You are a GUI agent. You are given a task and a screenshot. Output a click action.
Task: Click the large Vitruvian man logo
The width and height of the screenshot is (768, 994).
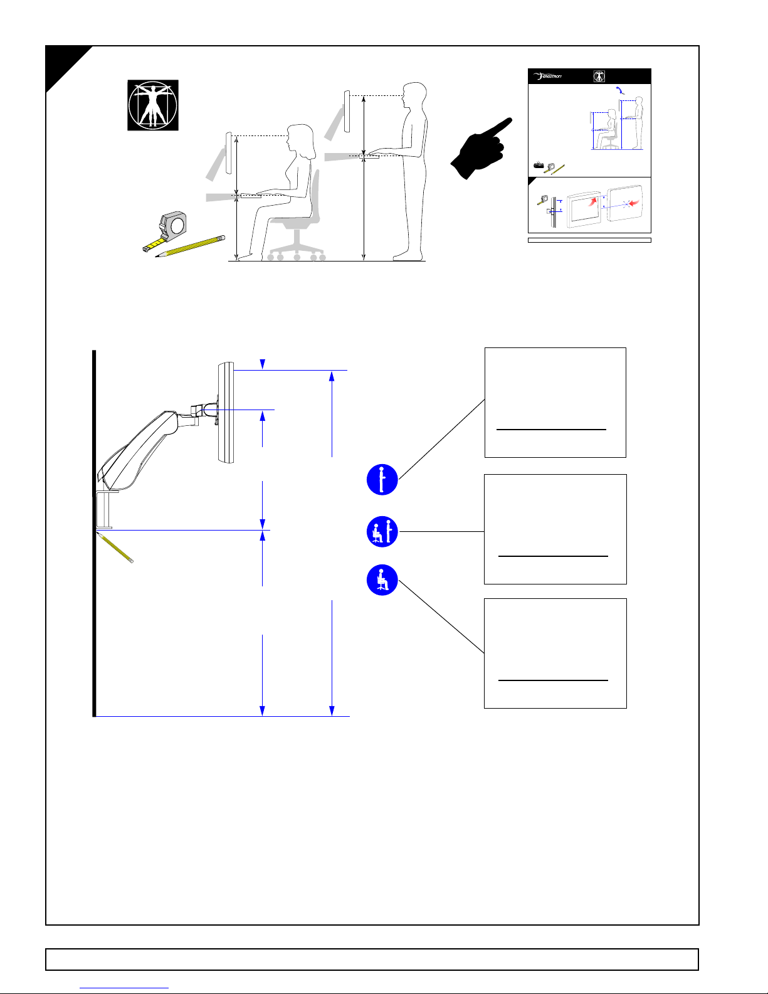click(x=153, y=105)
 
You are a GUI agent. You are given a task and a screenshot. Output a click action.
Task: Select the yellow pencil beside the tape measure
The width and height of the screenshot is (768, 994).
click(x=190, y=246)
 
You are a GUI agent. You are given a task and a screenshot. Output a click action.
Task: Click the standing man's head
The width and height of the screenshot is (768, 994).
click(x=414, y=97)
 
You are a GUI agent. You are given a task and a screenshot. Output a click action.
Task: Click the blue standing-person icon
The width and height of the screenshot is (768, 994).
click(x=382, y=480)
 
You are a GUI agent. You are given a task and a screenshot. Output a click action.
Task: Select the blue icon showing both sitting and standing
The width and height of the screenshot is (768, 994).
click(x=382, y=532)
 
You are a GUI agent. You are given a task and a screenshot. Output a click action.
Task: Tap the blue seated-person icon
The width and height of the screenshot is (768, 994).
click(x=382, y=580)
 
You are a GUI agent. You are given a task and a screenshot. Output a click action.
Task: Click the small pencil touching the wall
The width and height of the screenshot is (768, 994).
click(x=115, y=547)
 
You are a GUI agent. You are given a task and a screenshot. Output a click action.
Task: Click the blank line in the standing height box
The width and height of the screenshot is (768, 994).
click(x=551, y=430)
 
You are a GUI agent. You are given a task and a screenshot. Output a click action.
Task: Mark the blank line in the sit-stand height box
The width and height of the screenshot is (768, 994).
click(x=553, y=556)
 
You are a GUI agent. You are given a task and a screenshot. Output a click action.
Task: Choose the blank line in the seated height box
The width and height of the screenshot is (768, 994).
click(x=553, y=680)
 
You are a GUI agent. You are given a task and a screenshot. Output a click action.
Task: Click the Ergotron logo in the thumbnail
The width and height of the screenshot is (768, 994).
click(x=547, y=77)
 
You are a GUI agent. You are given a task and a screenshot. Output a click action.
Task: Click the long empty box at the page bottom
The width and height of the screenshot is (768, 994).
click(x=372, y=960)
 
